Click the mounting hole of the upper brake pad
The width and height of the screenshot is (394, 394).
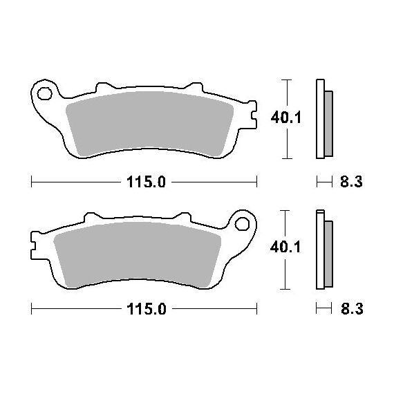pos(44,93)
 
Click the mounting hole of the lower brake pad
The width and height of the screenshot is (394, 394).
pos(242,224)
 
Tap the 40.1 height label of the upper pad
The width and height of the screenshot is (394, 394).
pos(285,118)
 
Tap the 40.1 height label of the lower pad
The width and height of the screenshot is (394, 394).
pos(285,247)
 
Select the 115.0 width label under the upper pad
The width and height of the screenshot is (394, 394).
pos(146,182)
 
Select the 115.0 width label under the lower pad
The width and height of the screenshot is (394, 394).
pos(147,309)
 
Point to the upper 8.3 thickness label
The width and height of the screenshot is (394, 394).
pos(351,182)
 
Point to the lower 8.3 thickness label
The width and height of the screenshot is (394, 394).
pos(352,309)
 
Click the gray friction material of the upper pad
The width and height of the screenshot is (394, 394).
pos(149,123)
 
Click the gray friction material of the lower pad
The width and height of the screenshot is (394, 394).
pos(137,254)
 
